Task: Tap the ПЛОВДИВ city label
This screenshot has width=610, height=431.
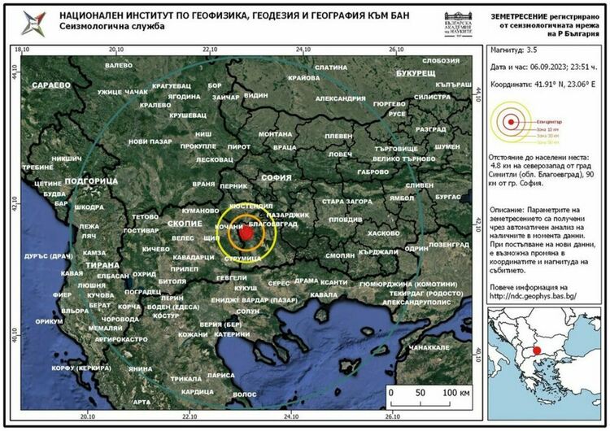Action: click(x=345, y=220)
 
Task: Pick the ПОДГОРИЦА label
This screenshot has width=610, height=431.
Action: click(x=90, y=179)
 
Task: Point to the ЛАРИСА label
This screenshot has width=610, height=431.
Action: click(x=220, y=377)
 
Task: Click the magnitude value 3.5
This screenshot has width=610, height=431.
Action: click(x=532, y=50)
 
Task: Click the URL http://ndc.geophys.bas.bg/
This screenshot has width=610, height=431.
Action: click(x=533, y=297)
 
